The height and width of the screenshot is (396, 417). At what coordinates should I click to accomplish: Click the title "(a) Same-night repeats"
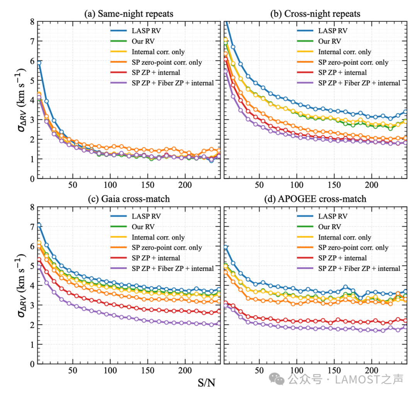click(x=129, y=14)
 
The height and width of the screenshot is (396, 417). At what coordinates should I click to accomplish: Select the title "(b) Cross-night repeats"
click(x=315, y=14)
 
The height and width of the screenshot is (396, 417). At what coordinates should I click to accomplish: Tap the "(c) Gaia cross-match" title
click(x=129, y=199)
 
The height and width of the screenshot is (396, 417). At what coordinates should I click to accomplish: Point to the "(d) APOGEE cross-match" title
click(x=315, y=199)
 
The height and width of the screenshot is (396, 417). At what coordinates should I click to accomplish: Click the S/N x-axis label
click(x=206, y=383)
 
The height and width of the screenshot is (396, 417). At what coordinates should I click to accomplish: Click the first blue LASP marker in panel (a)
click(x=39, y=63)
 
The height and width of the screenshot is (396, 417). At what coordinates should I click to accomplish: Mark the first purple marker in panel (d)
click(x=226, y=306)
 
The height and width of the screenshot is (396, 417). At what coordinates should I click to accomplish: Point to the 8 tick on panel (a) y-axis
click(x=32, y=22)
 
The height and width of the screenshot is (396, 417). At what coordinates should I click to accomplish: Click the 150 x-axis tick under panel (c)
click(x=147, y=370)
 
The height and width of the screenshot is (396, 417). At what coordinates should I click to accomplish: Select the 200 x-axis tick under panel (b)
click(x=371, y=185)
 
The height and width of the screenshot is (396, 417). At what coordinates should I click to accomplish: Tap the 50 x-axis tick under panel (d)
click(x=259, y=370)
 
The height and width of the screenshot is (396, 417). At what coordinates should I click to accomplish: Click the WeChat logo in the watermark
click(x=276, y=379)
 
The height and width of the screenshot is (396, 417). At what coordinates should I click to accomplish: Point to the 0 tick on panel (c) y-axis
click(x=32, y=364)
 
